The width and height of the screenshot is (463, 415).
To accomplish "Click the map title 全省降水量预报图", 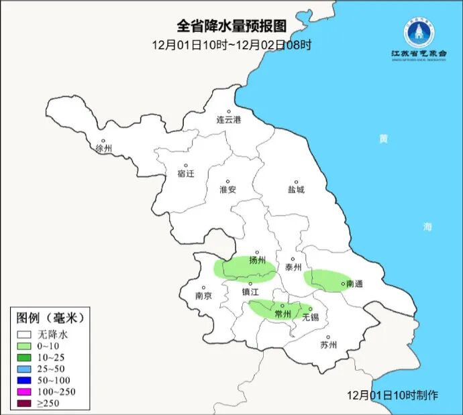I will (x=232, y=26).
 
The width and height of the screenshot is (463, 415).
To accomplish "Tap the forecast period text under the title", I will (x=232, y=45).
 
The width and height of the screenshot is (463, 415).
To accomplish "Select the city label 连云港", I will (x=228, y=121).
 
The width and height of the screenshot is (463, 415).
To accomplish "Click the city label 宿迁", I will (x=186, y=174).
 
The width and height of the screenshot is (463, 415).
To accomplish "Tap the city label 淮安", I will (x=228, y=190).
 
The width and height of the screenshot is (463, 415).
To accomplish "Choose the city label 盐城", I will (x=295, y=190).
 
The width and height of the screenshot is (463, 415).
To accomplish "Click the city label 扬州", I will (x=257, y=260).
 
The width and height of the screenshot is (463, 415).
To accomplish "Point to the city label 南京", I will (x=203, y=296).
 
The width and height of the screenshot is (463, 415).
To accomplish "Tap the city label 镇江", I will (x=250, y=292).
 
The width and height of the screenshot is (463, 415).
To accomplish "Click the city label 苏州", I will (x=328, y=345).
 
